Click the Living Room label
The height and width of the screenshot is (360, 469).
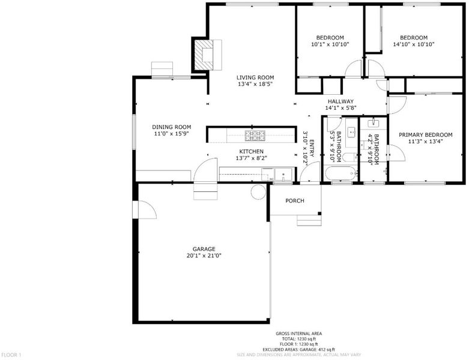click(x=255, y=77)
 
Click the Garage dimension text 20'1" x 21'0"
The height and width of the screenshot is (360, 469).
click(x=204, y=256)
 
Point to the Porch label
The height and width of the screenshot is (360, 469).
click(x=295, y=201)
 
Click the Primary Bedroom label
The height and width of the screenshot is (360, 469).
click(x=425, y=135)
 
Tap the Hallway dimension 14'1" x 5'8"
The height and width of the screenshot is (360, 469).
click(x=340, y=108)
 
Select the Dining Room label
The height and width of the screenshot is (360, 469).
click(x=171, y=127)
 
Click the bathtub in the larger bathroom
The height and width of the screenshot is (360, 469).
click(x=340, y=173)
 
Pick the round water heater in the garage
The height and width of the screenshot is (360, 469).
click(x=258, y=192)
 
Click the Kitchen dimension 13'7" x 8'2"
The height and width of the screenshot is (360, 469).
click(x=251, y=158)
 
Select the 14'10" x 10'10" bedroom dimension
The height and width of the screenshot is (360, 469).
click(x=414, y=44)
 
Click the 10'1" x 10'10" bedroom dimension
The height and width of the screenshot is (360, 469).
click(x=330, y=44)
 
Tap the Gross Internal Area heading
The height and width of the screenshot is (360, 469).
click(x=299, y=334)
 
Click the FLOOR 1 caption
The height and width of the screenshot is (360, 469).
click(x=11, y=355)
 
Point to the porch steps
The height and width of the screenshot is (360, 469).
click(x=309, y=220)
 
